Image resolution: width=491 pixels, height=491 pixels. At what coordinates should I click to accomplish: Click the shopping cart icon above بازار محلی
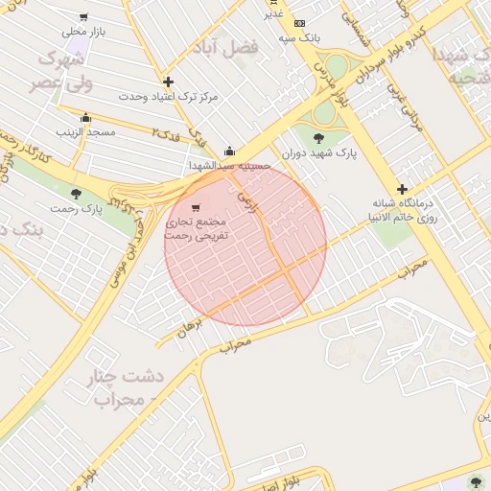[84, 17]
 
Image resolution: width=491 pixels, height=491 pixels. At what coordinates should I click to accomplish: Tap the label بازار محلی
[82, 33]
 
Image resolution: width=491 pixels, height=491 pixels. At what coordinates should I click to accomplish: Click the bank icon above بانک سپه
[300, 23]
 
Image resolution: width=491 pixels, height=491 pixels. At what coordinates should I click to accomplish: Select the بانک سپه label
[299, 38]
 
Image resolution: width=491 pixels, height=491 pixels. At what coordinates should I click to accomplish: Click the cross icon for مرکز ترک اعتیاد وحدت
[169, 82]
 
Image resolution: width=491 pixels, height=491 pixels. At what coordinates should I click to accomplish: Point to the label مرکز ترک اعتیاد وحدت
[169, 97]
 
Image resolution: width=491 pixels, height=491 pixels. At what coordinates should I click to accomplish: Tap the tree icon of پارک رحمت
[76, 194]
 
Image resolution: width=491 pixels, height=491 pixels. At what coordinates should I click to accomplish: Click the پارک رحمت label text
[80, 208]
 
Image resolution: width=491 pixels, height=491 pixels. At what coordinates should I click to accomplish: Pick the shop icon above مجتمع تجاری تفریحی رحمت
[196, 207]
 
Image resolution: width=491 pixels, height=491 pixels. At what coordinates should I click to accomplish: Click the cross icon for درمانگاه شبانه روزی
[402, 189]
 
